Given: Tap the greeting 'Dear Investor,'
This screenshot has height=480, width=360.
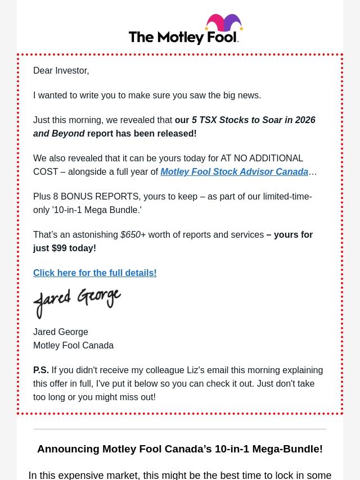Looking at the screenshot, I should point(61,70).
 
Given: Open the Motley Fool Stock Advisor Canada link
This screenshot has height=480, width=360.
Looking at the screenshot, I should point(234,171).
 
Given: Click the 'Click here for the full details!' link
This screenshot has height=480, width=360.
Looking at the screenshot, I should point(94,273).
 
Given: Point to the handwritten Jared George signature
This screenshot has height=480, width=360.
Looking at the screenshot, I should point(77,302).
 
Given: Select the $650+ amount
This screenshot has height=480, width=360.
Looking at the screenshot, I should point(133,234).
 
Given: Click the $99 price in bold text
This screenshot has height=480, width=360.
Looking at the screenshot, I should point(58,248).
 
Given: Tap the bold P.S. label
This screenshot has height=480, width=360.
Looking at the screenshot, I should point(40,370).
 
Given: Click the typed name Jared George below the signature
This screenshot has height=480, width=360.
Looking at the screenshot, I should point(61,332).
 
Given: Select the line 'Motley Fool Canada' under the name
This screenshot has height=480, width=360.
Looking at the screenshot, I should point(73,345).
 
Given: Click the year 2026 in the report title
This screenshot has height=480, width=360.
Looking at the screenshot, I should point(305,120).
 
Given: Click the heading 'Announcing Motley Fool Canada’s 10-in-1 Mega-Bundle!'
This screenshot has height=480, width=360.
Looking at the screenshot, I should point(180,449).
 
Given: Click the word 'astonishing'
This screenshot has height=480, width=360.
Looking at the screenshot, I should point(91,234).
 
